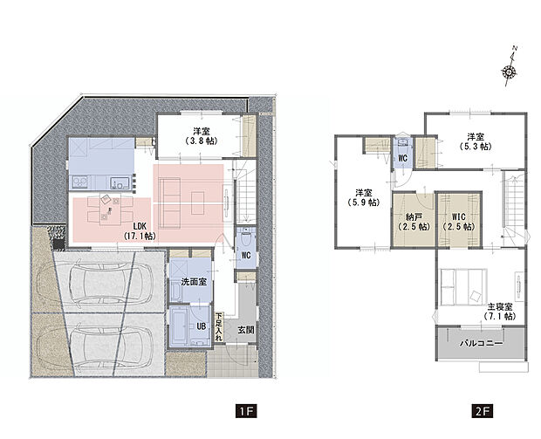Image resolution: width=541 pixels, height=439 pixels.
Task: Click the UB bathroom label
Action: [x=200, y=325]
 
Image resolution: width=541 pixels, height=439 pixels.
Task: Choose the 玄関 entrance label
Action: [x=244, y=330]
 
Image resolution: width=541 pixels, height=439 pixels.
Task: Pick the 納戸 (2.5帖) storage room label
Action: [x=411, y=222]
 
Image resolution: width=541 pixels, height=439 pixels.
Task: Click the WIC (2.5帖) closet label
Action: [x=457, y=222]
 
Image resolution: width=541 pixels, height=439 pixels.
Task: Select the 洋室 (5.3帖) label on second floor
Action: [x=476, y=142]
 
